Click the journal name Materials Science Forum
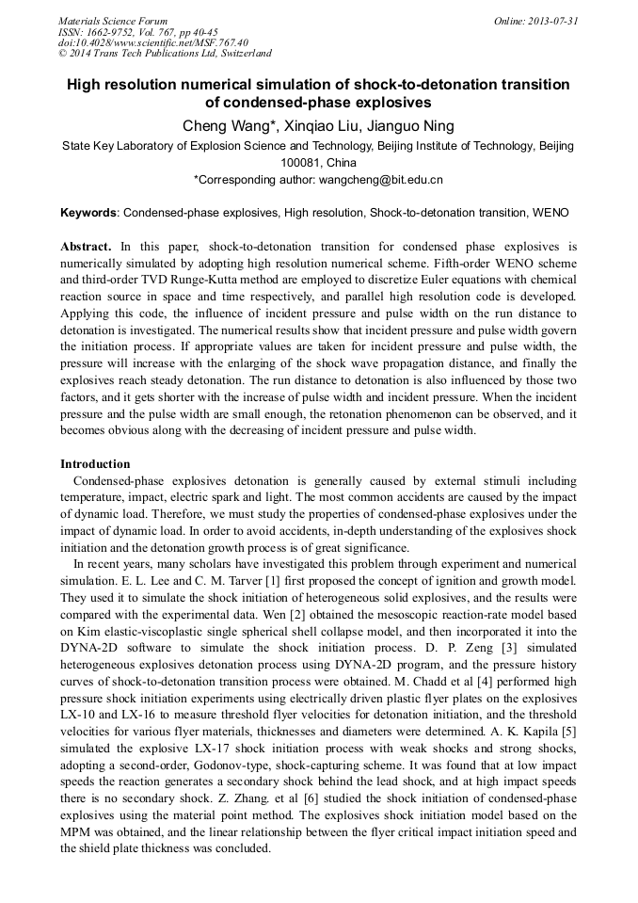[113, 21]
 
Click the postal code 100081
[301, 162]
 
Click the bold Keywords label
[89, 214]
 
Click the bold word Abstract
[86, 247]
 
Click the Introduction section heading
[95, 464]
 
